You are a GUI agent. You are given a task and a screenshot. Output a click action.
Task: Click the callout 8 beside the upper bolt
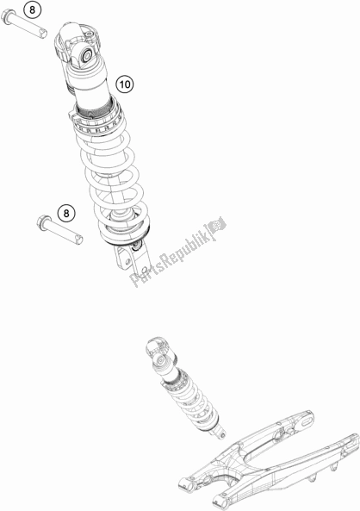tap(32, 9)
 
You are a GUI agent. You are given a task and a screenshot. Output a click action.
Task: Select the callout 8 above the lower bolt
tap(66, 213)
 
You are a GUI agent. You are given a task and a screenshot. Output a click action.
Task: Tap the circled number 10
tap(125, 84)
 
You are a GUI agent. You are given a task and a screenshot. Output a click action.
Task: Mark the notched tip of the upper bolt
tap(43, 34)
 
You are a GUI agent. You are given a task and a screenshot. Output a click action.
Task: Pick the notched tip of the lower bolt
tap(78, 240)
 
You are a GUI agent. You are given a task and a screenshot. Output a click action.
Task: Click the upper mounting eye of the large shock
tap(86, 56)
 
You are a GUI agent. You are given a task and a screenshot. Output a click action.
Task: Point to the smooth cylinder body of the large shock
tap(91, 84)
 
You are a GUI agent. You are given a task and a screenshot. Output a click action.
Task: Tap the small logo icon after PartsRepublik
tap(217, 226)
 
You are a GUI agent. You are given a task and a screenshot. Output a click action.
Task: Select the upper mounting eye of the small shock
tap(160, 360)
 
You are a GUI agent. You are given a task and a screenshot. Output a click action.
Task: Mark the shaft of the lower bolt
tap(63, 231)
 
